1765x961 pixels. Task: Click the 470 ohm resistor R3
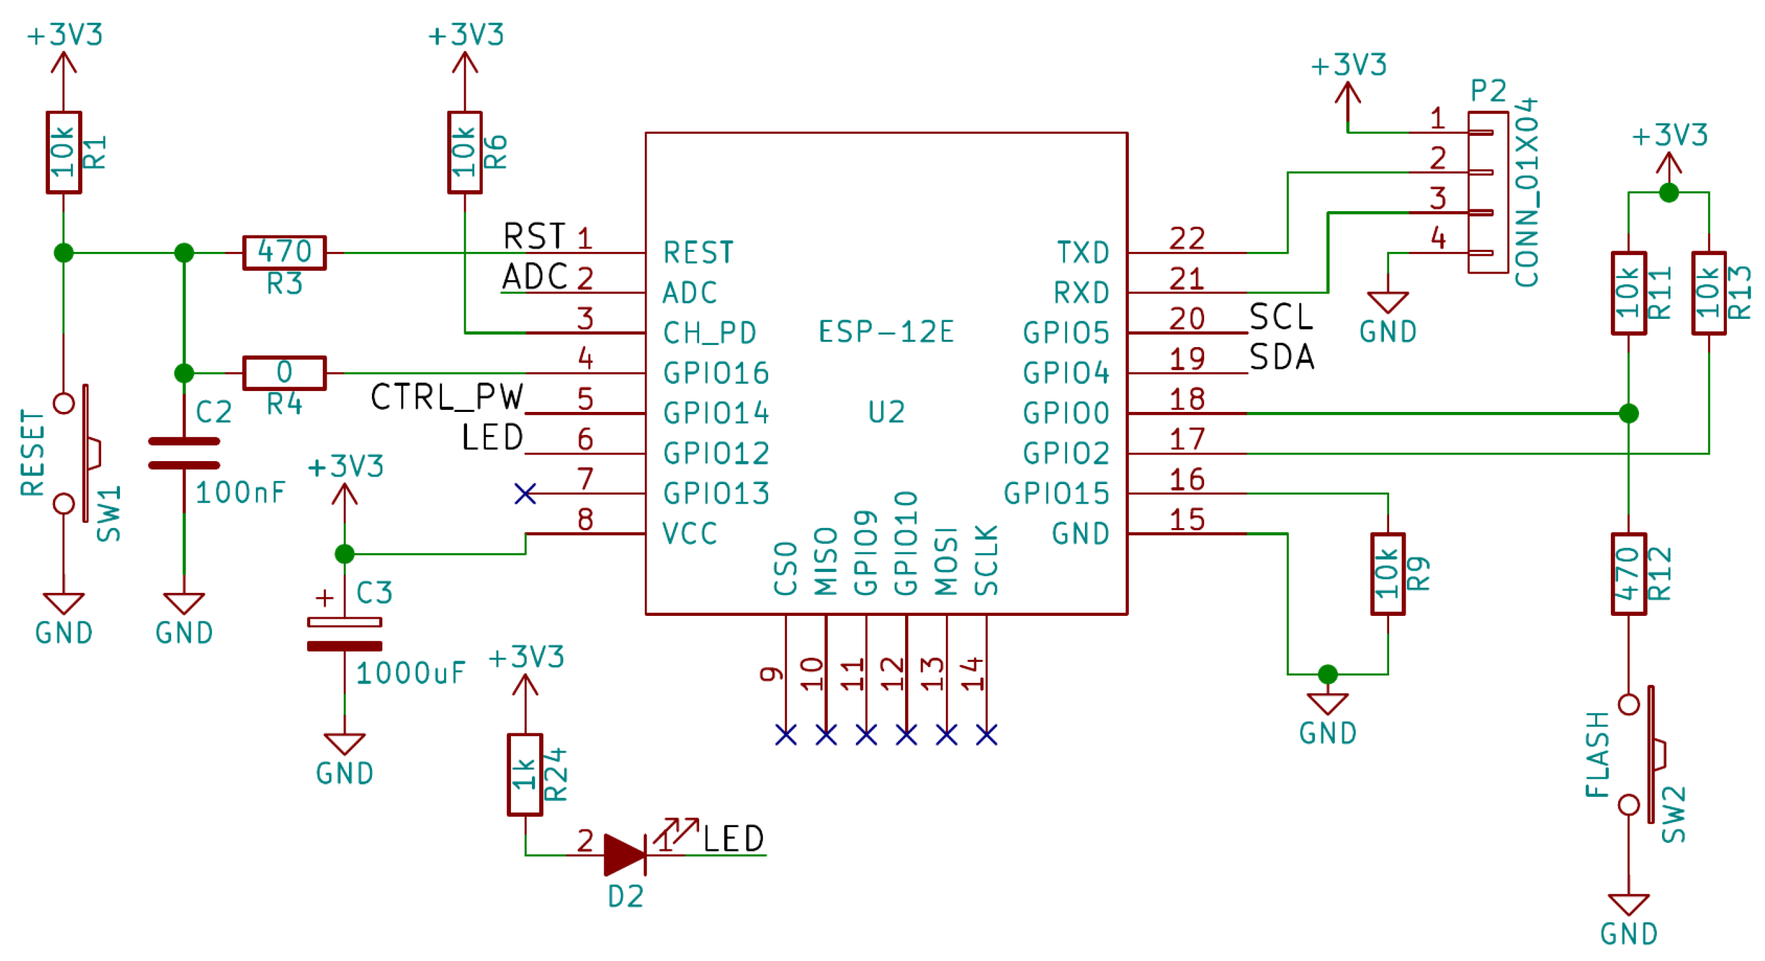285,253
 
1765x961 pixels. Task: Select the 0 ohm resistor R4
285,373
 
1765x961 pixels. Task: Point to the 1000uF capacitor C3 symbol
344,634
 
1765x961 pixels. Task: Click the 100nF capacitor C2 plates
184,453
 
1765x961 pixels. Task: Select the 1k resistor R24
525,775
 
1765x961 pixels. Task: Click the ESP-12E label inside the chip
886,333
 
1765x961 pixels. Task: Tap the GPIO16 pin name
716,373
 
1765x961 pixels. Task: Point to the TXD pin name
1083,253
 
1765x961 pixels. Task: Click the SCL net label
1280,317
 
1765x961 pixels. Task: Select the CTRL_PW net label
447,397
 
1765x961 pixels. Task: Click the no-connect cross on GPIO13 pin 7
525,493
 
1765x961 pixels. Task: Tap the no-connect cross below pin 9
786,735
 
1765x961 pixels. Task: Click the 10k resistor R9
1388,574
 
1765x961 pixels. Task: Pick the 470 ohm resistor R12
1629,574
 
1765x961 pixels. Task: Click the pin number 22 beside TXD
1187,239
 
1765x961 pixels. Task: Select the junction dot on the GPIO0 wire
1629,413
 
